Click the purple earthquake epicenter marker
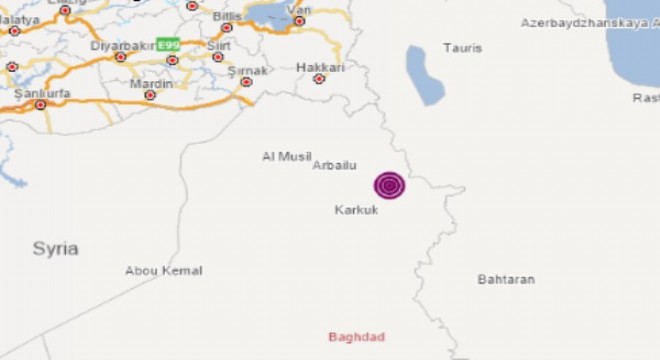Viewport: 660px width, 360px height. tap(390, 185)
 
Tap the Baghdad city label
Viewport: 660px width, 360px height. tap(357, 337)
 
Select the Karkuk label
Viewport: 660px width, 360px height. tap(356, 210)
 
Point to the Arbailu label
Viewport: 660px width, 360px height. tap(335, 166)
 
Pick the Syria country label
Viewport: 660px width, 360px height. tap(55, 249)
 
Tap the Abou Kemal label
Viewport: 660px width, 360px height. tap(163, 271)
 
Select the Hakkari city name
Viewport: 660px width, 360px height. tap(320, 67)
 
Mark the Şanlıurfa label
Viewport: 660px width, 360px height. tap(33, 93)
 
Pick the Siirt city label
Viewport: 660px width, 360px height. tap(218, 46)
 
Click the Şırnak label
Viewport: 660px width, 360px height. tap(247, 70)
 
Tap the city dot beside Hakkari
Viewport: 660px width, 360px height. tap(319, 78)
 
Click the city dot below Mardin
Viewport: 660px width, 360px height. tap(150, 96)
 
